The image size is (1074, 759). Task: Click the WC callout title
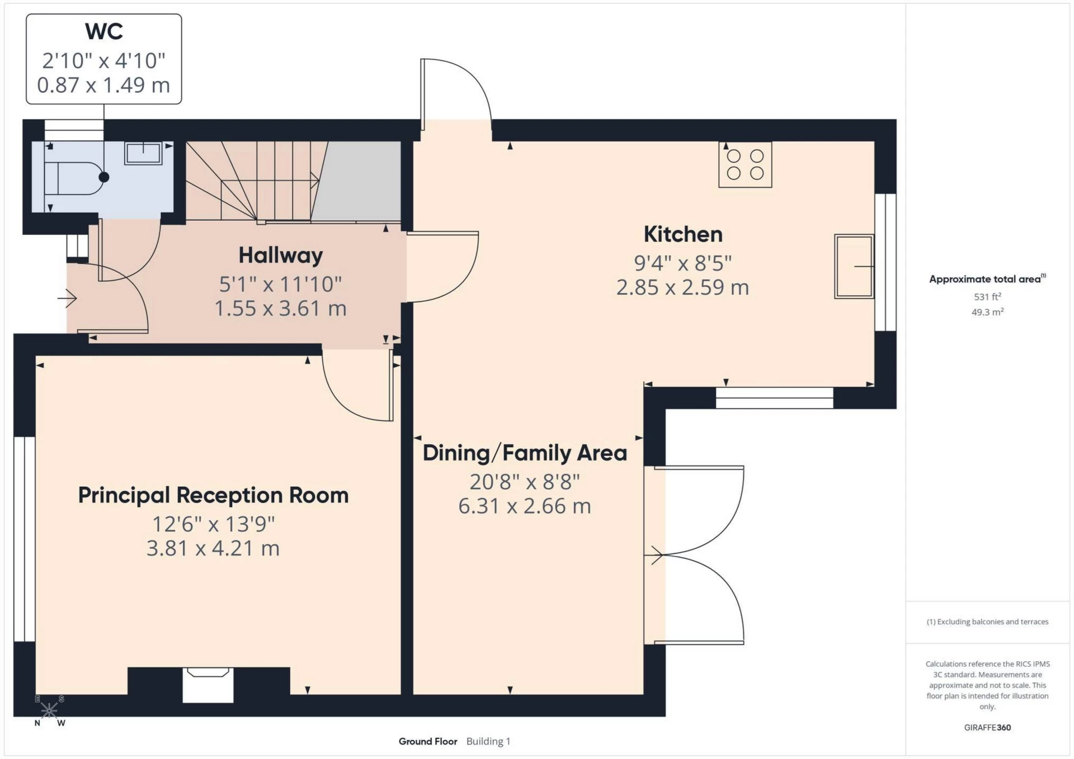point(104,31)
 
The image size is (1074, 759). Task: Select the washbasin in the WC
point(143,153)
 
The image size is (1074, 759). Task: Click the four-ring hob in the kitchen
point(745,164)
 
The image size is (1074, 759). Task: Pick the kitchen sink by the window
point(854,267)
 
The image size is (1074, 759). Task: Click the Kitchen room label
point(683,234)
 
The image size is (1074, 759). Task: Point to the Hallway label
point(281,255)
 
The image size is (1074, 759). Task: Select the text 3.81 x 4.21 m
point(213,548)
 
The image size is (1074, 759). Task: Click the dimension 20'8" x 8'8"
point(525,481)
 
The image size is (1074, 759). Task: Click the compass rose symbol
point(49,710)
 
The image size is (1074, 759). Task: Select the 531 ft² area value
point(987,297)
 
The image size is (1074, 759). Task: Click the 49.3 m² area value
point(987,312)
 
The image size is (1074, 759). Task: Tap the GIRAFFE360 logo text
point(987,728)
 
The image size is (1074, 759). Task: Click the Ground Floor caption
point(428,742)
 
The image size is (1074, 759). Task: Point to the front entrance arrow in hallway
point(67,298)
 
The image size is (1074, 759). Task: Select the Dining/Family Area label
point(525,453)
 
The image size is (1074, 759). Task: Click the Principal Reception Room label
point(213,495)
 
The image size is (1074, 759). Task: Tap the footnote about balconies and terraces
point(987,622)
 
